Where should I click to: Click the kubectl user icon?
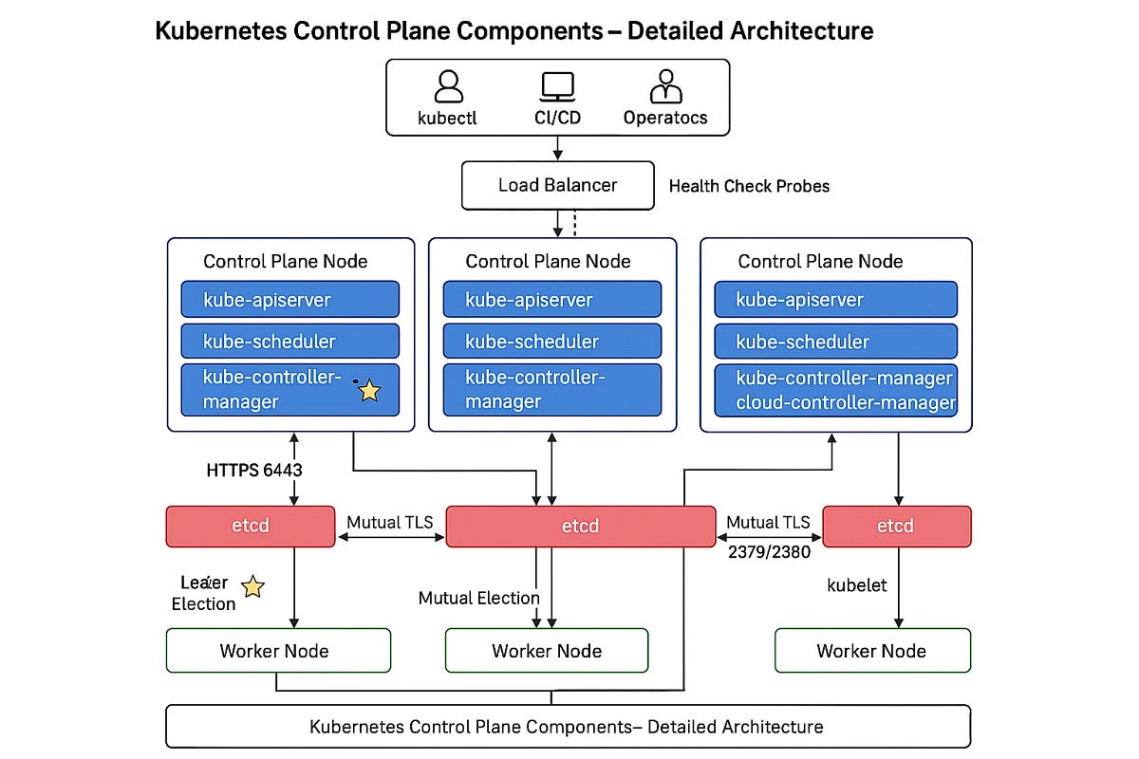pos(448,86)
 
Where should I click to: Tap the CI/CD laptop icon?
pos(557,86)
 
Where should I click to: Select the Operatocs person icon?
pos(665,86)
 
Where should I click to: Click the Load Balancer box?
pos(557,185)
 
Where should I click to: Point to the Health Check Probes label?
pos(749,186)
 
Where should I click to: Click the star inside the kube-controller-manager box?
pos(368,390)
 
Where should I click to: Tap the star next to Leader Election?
pos(252,587)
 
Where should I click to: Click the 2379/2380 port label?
pos(768,552)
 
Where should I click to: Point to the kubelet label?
pos(857,585)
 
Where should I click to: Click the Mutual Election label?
pos(478,598)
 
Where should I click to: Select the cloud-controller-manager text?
pos(846,402)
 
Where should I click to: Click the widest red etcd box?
pos(580,527)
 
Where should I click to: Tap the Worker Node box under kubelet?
pos(872,651)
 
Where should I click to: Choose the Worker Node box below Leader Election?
pos(278,651)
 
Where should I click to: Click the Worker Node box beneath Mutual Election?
pos(547,651)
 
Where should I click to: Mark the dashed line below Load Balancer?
pos(575,224)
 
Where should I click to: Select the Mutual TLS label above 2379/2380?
pos(768,523)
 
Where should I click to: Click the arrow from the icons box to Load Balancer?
pos(557,148)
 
